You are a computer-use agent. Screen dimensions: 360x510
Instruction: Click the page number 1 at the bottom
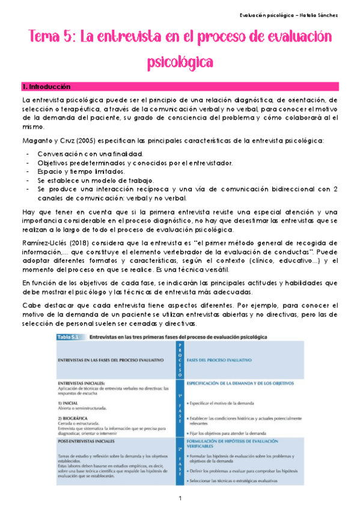[x=180, y=499]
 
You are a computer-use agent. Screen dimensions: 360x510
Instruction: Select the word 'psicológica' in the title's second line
[x=180, y=61]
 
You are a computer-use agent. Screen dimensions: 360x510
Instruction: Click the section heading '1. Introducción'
[x=45, y=87]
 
